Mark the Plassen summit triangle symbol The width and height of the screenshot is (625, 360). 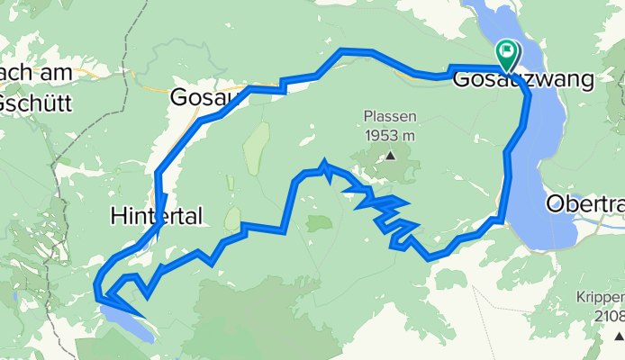click(x=391, y=155)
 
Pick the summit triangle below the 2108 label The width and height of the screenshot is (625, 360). click(x=619, y=335)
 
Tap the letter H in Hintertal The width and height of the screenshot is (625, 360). click(x=117, y=216)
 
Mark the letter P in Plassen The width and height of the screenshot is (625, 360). click(x=369, y=117)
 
